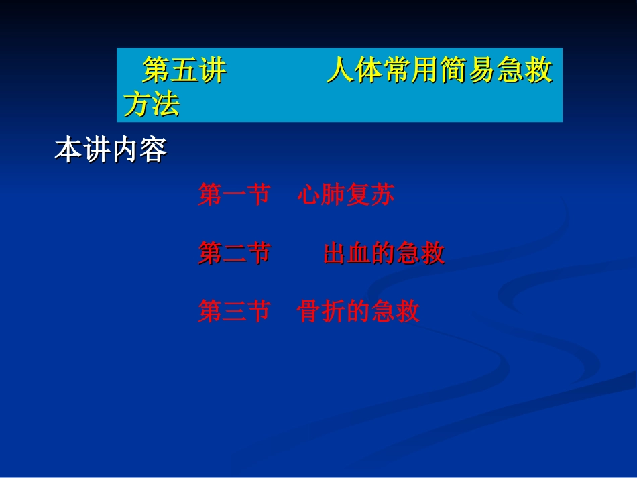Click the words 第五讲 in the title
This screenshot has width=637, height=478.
point(184,70)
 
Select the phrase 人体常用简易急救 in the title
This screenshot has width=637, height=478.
point(439,70)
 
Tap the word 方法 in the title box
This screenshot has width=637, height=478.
point(152,105)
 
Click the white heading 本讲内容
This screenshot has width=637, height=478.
point(111,151)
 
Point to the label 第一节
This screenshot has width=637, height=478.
point(234,195)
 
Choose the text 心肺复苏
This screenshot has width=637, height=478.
point(345,195)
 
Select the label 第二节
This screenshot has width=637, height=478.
point(234,253)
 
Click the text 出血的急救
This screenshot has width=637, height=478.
point(384,253)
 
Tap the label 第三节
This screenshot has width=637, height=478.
point(234,312)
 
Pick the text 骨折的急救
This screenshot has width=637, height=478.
point(358,312)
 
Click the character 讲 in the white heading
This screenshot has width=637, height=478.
point(97,151)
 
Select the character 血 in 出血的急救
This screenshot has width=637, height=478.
point(359,253)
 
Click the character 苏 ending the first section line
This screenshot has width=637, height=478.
point(382,195)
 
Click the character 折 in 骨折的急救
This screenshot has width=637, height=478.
point(333,312)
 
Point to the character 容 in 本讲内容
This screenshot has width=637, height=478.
point(154,151)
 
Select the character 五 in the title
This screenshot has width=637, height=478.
point(184,70)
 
